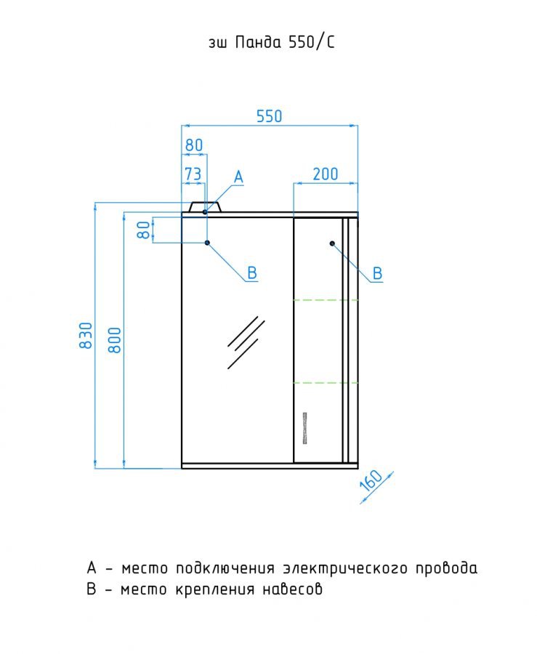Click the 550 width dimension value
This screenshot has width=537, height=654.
coord(269,116)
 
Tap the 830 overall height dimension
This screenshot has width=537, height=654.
coord(86,335)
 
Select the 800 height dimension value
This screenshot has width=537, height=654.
coord(114,340)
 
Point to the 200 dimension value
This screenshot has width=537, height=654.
coord(326,174)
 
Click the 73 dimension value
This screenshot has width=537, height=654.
coord(193,174)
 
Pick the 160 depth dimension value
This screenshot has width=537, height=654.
coord(371,480)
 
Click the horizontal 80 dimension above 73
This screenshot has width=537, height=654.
coord(194,145)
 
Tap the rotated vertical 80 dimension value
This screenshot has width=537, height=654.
coord(143,230)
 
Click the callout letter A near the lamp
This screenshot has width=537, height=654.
coord(238,177)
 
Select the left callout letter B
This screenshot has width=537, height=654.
coord(252,272)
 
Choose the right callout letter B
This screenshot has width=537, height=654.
coord(377,273)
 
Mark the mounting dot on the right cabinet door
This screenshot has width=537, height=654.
coord(332,243)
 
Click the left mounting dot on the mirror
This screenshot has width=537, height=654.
coord(207,242)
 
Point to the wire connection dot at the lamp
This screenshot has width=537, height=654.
coord(205,212)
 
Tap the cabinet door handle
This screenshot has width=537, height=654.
coord(304,428)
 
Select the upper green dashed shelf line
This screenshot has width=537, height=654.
coord(326,300)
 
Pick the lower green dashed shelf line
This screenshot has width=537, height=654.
coord(326,382)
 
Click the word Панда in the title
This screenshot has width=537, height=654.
coord(258,42)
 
